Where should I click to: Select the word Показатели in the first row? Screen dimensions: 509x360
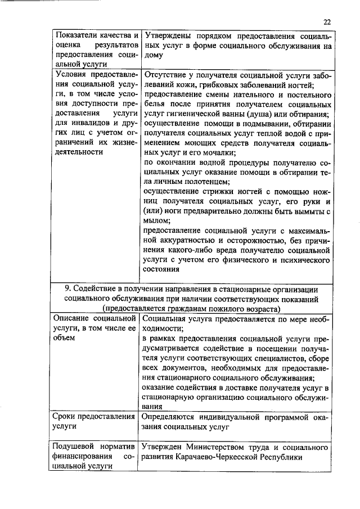74,36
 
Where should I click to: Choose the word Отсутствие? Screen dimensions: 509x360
166,74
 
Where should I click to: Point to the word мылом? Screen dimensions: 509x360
156,220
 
